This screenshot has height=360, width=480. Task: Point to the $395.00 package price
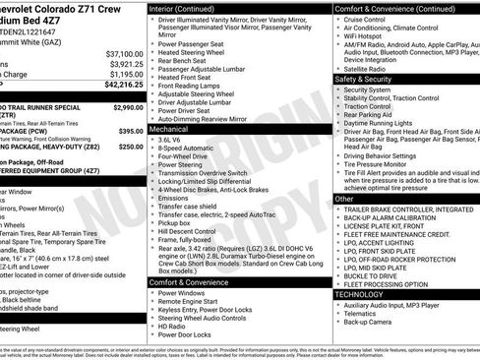point(130,130)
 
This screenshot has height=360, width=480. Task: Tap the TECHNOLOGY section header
point(361,294)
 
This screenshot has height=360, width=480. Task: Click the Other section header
point(344,199)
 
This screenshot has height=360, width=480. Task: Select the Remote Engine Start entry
point(191,306)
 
